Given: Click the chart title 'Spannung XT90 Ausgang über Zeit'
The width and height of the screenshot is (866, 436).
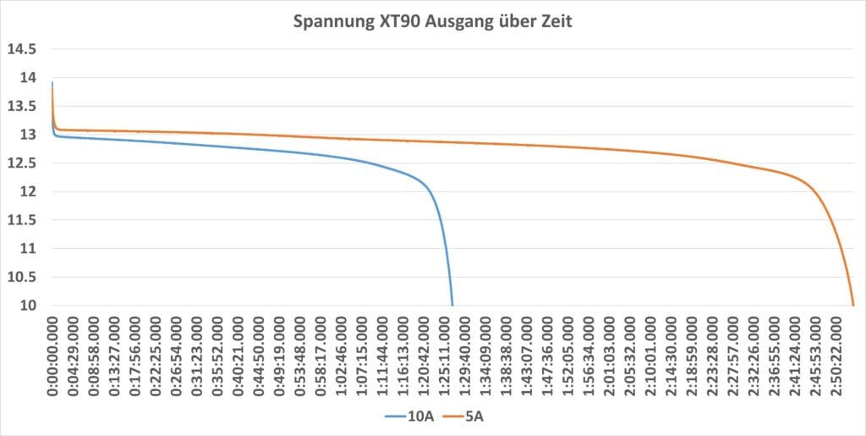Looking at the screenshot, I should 432,22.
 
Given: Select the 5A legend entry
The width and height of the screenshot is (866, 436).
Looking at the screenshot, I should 462,417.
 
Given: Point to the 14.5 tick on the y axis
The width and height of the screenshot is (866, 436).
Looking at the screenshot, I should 22,49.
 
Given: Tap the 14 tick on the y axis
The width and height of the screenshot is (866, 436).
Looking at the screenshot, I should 28,78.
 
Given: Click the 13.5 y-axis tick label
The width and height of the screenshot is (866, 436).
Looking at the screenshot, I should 22,107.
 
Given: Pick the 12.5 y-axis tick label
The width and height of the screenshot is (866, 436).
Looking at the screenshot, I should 22,163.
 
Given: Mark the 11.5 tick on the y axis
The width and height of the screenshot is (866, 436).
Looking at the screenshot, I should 22,220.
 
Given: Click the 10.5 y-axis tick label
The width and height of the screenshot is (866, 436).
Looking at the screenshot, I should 22,277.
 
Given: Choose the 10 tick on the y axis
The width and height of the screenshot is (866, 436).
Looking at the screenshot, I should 28,306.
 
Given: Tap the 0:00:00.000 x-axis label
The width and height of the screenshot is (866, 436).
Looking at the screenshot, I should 53,355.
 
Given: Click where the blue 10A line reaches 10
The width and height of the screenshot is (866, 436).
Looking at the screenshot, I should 452,305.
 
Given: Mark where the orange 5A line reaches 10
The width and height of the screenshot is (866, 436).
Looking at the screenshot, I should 853,305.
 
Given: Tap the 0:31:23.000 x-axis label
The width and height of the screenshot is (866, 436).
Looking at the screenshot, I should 198,355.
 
